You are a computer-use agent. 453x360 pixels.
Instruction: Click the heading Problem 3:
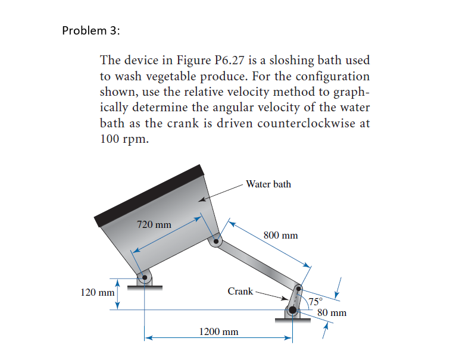[90, 31]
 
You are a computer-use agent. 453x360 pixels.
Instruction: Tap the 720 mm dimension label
[154, 225]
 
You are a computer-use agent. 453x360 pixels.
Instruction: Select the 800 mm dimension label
[280, 235]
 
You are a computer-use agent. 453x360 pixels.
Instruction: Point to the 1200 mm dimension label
[218, 331]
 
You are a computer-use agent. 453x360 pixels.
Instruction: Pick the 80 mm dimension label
[332, 312]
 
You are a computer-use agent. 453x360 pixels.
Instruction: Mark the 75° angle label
[315, 300]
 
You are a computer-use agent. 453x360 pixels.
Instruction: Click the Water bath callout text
[268, 184]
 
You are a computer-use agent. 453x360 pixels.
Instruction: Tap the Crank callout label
[240, 291]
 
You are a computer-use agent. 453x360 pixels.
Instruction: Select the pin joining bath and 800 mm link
[216, 242]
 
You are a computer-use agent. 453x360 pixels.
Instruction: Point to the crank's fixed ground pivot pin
[292, 309]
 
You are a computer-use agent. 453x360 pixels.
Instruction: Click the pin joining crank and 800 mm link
[299, 288]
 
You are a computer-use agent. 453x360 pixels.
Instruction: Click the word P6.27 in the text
[229, 61]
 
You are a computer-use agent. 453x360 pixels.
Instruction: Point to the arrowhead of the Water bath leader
[202, 202]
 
